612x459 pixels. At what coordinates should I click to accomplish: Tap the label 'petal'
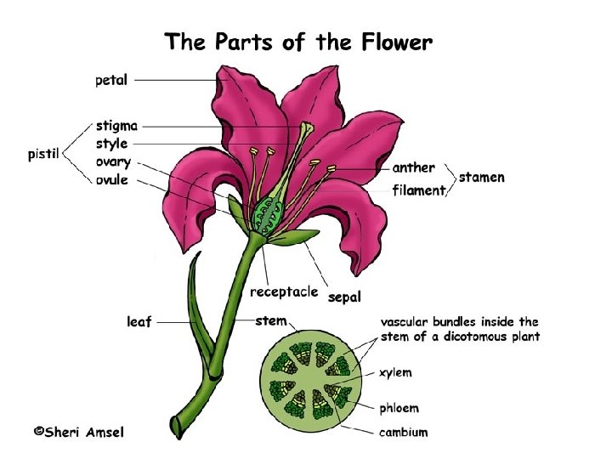click(111, 81)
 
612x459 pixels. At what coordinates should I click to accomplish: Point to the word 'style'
click(112, 144)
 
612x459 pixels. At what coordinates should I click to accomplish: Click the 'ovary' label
click(113, 162)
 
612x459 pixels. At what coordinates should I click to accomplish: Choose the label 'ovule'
click(112, 179)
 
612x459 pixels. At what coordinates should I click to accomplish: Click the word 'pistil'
click(42, 155)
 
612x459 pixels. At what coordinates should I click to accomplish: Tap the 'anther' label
click(414, 167)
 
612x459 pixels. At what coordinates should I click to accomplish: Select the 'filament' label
click(419, 190)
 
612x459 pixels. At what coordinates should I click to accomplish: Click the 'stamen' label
click(482, 178)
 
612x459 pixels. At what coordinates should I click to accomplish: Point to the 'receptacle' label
click(284, 292)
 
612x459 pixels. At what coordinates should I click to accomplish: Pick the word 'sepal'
click(344, 297)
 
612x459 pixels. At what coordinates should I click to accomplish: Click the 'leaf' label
click(139, 322)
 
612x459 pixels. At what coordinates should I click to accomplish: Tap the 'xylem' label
click(395, 372)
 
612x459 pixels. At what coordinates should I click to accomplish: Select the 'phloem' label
click(399, 409)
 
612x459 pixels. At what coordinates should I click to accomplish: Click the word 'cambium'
click(404, 433)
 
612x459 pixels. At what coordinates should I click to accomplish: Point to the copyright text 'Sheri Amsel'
click(78, 432)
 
